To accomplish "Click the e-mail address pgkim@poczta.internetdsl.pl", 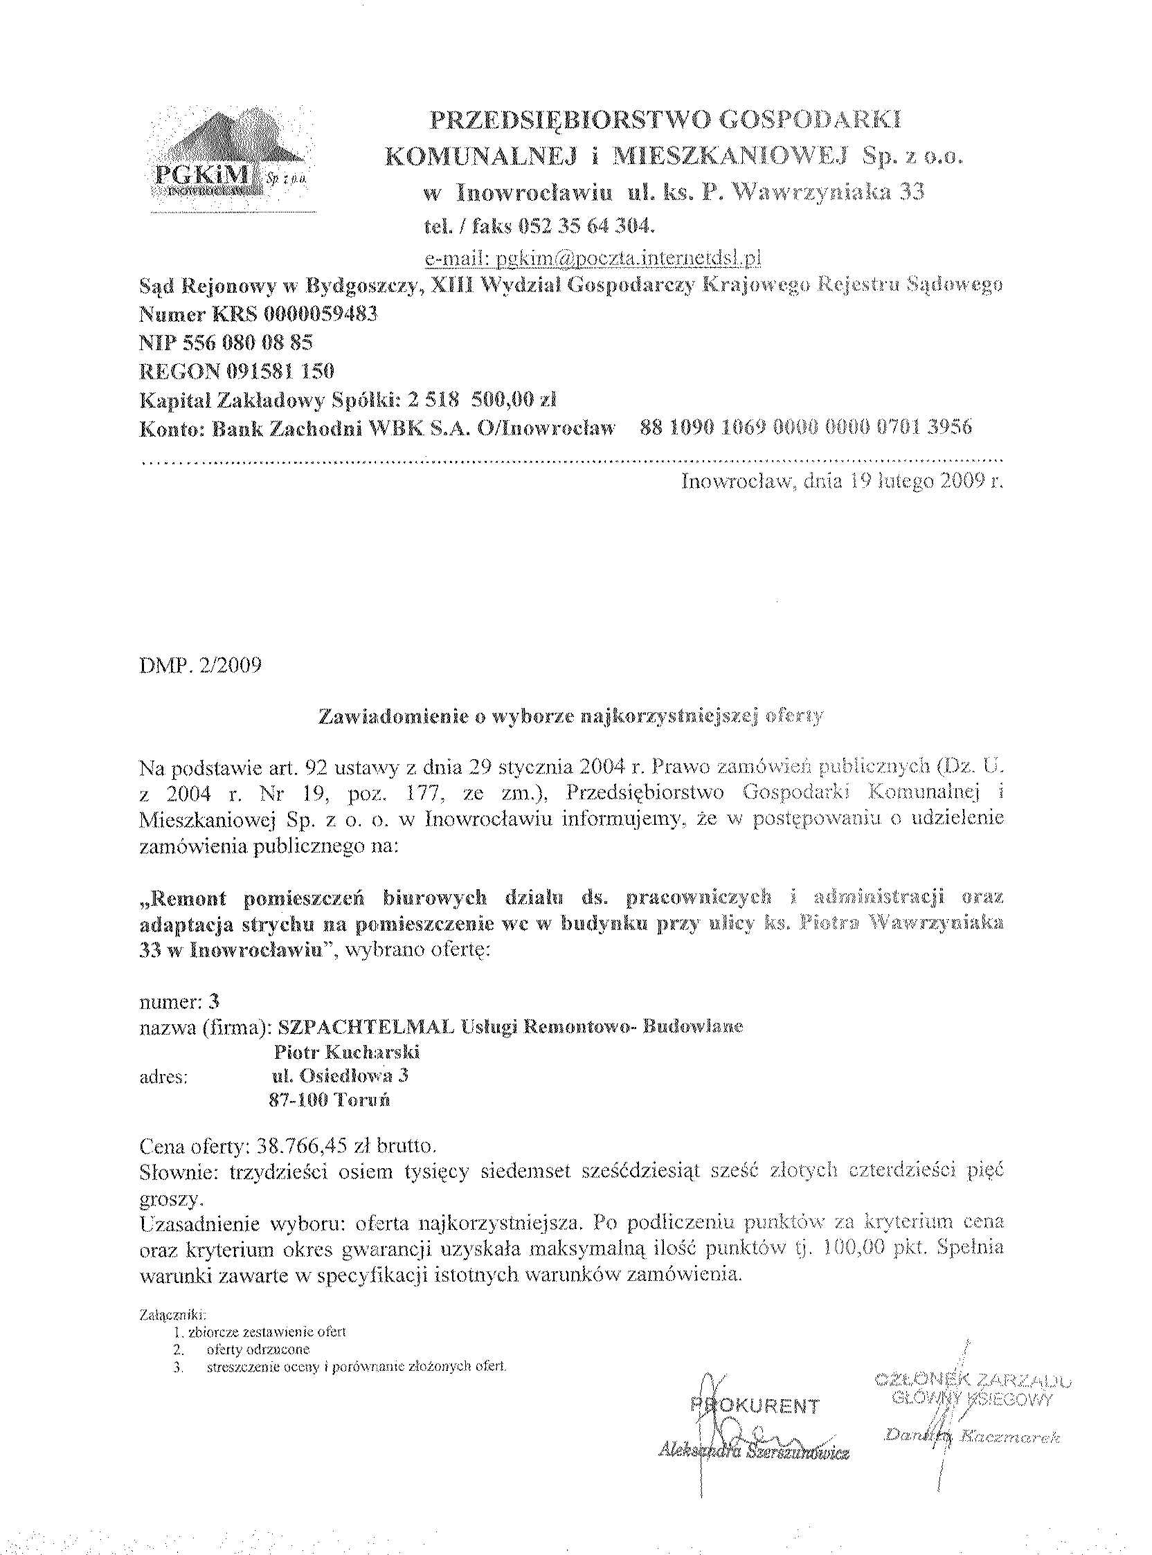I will click(x=593, y=259).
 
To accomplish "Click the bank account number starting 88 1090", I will click(x=805, y=427).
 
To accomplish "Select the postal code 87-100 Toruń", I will click(x=328, y=1100).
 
